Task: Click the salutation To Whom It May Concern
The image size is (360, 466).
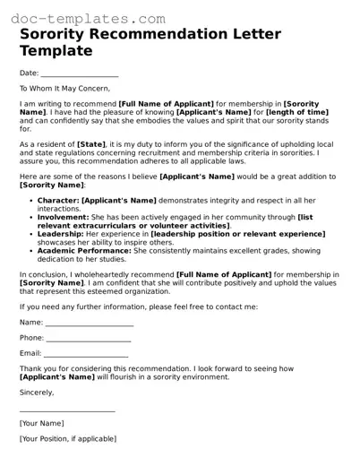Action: click(64, 88)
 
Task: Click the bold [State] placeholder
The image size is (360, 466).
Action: click(91, 142)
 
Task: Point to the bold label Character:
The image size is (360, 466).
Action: click(58, 202)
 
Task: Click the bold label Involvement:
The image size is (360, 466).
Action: click(63, 217)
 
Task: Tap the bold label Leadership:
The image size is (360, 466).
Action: click(62, 233)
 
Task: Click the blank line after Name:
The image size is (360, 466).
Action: click(90, 324)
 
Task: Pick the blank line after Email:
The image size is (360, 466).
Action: click(88, 357)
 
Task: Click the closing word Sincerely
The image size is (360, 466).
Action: click(37, 392)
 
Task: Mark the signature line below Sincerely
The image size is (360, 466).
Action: click(67, 411)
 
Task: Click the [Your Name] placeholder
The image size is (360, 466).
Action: click(41, 423)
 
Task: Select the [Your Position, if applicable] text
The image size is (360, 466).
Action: click(69, 438)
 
